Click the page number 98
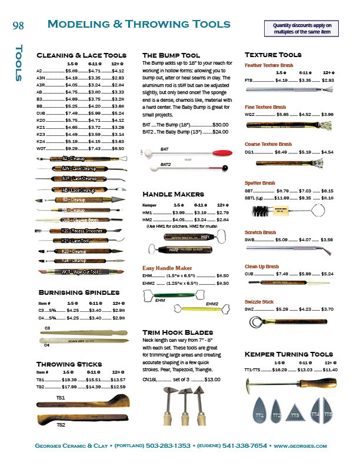(18, 25)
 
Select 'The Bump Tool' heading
(171, 55)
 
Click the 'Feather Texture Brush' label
(268, 66)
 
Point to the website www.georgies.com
(300, 446)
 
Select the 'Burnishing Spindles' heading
(79, 292)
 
